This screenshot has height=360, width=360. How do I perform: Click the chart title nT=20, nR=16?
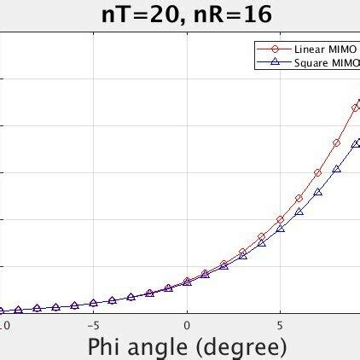(179, 15)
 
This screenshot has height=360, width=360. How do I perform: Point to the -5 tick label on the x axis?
(93, 325)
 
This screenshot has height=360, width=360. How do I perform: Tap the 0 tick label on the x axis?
(187, 325)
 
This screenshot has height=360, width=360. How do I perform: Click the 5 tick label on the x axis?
(280, 325)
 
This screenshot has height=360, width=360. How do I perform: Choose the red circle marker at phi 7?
(318, 172)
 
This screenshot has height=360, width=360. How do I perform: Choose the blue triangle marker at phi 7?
(318, 192)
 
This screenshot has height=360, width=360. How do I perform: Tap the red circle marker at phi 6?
(299, 199)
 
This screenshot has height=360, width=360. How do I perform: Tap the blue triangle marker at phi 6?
(299, 212)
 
